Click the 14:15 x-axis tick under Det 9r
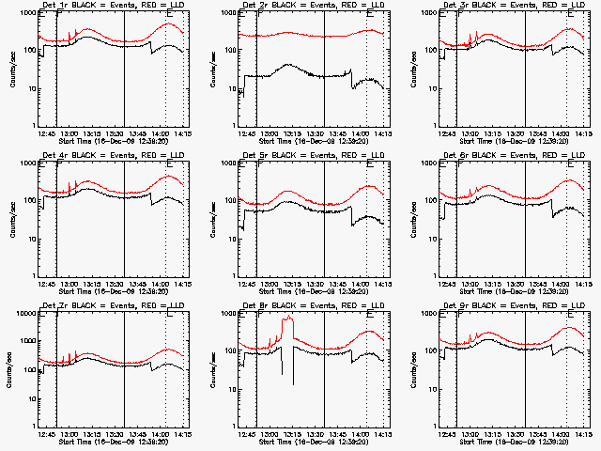[582, 434]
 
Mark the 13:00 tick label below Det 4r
[69, 284]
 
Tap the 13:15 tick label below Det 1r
[92, 133]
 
